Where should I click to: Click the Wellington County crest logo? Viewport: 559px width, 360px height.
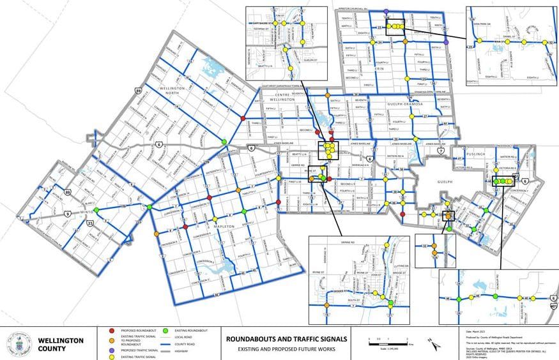[x=19, y=344]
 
